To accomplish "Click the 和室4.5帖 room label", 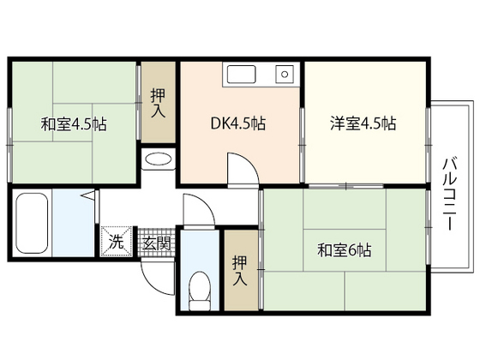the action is tap(74, 124).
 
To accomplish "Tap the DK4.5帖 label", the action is tap(238, 123).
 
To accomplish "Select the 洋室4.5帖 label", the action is tap(363, 123).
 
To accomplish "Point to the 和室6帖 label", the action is tap(345, 250).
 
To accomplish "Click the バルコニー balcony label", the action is tap(448, 194).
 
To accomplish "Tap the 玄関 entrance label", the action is tap(157, 244).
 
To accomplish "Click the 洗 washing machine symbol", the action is tap(117, 241).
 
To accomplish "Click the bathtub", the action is tap(32, 223).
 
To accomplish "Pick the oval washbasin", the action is tap(159, 159).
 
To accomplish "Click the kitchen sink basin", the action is tap(241, 74).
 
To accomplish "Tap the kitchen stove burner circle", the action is tap(285, 74).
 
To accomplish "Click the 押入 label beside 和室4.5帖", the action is tap(159, 103).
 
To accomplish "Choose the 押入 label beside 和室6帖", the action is tap(240, 271).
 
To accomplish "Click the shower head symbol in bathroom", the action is tap(88, 195).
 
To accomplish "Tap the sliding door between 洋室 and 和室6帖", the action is tap(346, 186).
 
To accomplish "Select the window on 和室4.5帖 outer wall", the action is tap(9, 145).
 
